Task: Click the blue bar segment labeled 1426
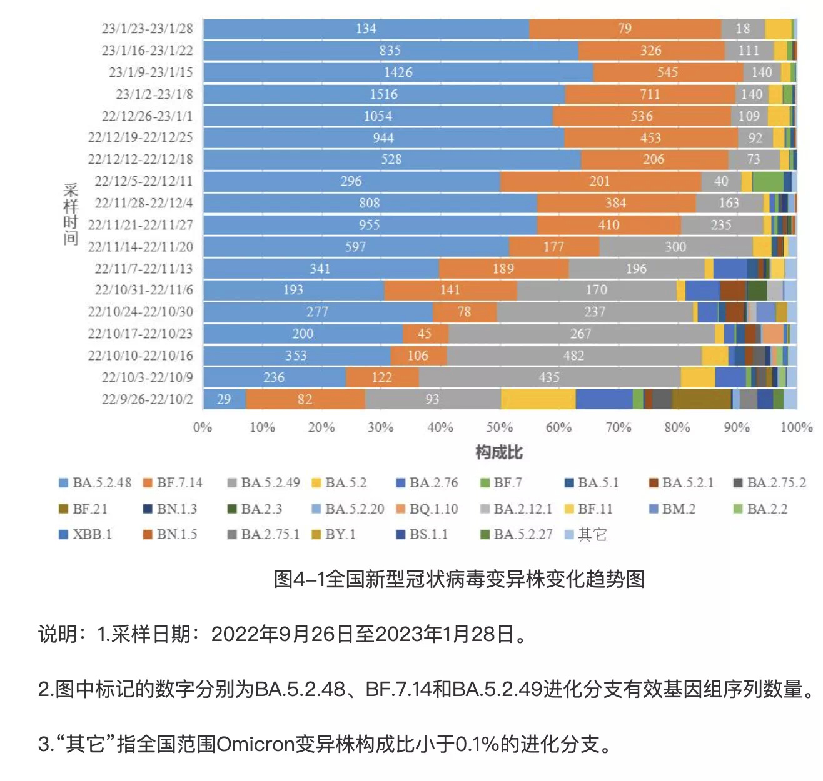(398, 72)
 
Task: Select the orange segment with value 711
(650, 94)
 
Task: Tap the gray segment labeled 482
(573, 356)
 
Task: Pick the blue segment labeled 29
(224, 399)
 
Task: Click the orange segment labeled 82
(305, 399)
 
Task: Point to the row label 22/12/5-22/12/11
(144, 181)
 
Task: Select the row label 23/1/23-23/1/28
(148, 29)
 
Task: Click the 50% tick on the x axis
(500, 428)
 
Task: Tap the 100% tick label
(795, 428)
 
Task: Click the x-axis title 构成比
(499, 452)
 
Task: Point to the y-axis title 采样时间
(70, 214)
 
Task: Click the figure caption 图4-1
(459, 579)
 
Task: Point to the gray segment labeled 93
(432, 399)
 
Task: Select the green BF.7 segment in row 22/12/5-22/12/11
(767, 181)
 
